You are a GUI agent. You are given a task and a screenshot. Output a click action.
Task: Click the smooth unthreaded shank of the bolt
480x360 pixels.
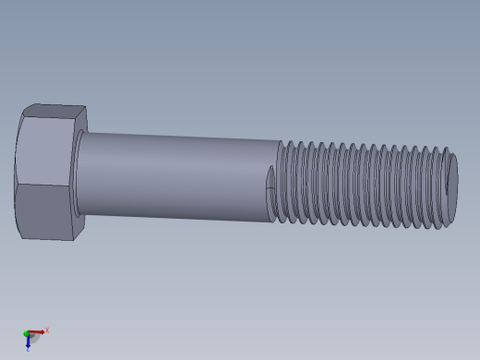pyautogui.click(x=175, y=175)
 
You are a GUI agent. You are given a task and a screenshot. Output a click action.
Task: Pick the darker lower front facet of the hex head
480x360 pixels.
pyautogui.click(x=44, y=211)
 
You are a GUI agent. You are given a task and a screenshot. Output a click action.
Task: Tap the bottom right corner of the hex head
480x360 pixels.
pyautogui.click(x=73, y=240)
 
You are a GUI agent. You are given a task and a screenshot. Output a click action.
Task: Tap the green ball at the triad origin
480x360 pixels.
pyautogui.click(x=27, y=333)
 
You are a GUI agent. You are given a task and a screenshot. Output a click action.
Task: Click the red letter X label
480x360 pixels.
pyautogui.click(x=47, y=330)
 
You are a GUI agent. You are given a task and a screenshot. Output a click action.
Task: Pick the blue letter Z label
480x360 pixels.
pyautogui.click(x=28, y=350)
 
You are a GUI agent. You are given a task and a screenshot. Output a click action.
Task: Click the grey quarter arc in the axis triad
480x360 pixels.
pyautogui.click(x=35, y=339)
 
